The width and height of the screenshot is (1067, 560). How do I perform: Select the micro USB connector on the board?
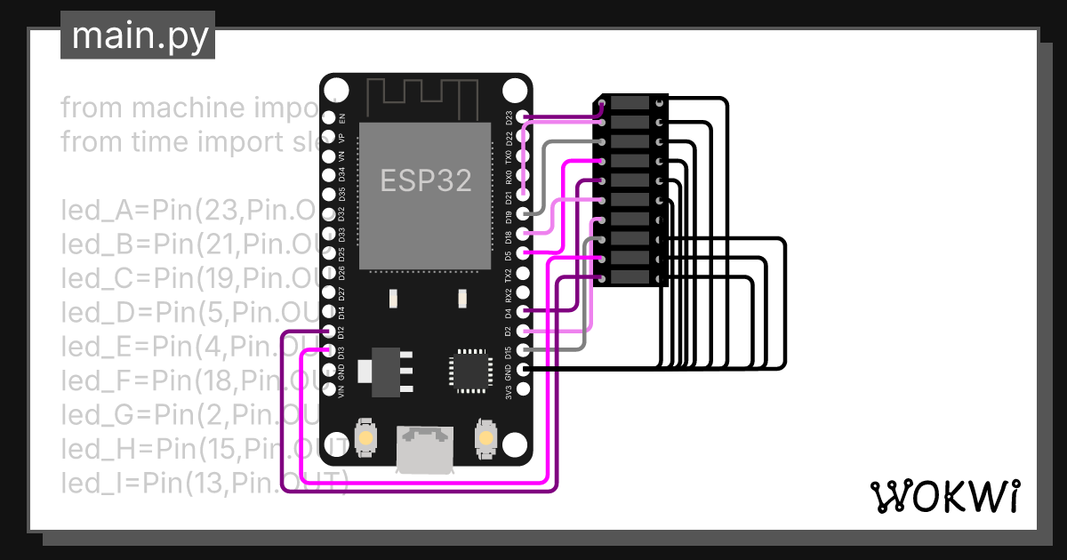[425, 449]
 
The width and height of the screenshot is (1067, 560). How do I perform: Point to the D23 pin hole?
[524, 116]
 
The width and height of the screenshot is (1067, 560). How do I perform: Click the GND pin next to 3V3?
[524, 369]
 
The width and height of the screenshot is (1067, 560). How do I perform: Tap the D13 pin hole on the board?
[329, 351]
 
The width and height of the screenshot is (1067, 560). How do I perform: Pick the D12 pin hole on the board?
[329, 332]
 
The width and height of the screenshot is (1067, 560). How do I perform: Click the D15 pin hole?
[524, 350]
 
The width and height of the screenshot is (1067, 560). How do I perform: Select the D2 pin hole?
[524, 331]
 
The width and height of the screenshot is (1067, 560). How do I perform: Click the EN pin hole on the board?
[329, 117]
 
